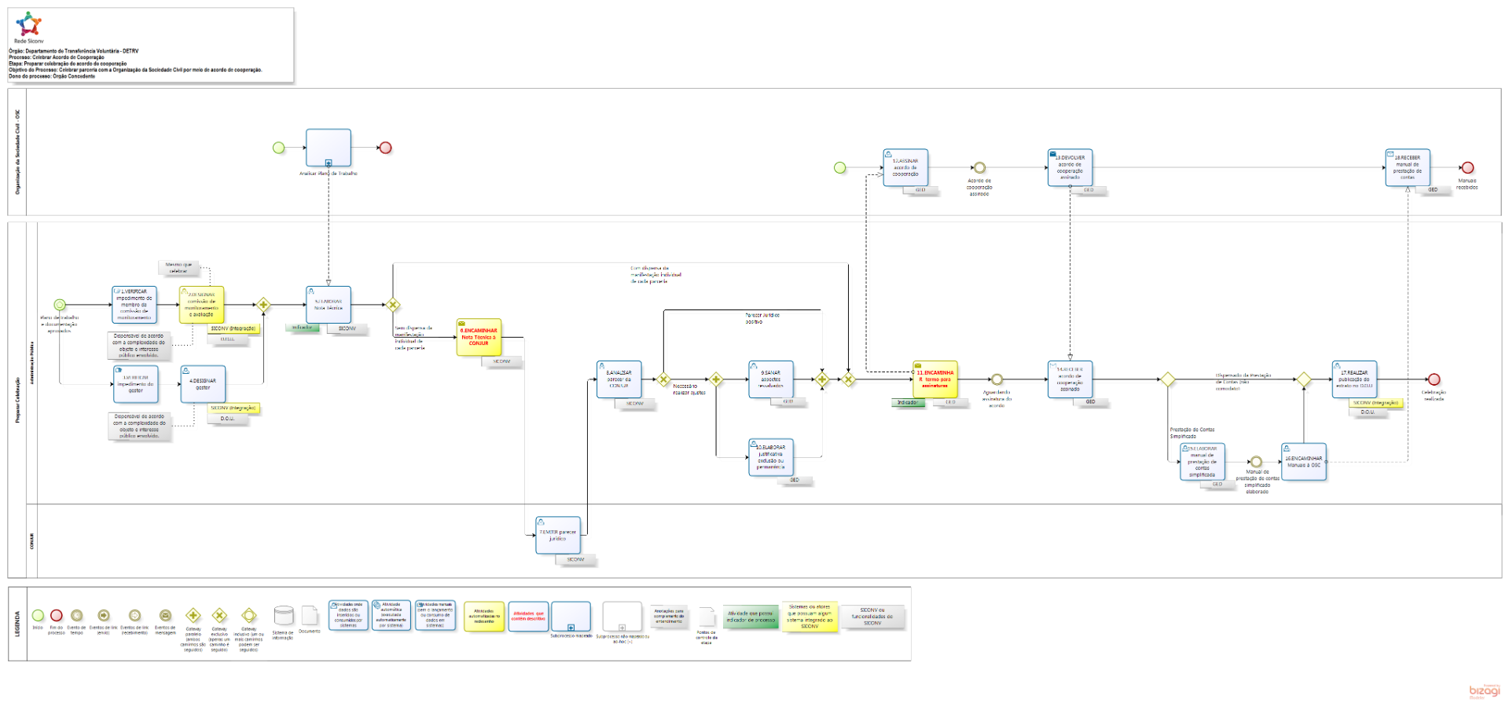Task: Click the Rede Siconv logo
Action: pyautogui.click(x=28, y=25)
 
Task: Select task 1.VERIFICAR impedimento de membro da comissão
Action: pyautogui.click(x=134, y=305)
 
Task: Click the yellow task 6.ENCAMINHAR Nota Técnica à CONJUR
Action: pyautogui.click(x=479, y=337)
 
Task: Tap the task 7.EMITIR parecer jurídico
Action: pyautogui.click(x=558, y=535)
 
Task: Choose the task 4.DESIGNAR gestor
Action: pyautogui.click(x=203, y=384)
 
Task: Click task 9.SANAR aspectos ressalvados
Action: pyautogui.click(x=771, y=379)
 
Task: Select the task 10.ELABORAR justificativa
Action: pyautogui.click(x=771, y=457)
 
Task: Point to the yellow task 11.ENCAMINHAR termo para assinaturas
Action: pyautogui.click(x=935, y=379)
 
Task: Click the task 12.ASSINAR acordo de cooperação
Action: pyautogui.click(x=905, y=167)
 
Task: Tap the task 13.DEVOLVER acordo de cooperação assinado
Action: pyautogui.click(x=1070, y=167)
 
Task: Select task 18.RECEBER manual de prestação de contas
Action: pyautogui.click(x=1408, y=167)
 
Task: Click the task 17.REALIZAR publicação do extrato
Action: pyautogui.click(x=1354, y=379)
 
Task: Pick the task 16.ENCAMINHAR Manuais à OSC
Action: pyautogui.click(x=1304, y=462)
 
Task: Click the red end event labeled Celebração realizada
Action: pyautogui.click(x=1434, y=379)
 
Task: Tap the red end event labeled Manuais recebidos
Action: pyautogui.click(x=1467, y=167)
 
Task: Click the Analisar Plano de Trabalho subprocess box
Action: pyautogui.click(x=329, y=148)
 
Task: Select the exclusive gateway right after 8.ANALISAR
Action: pyautogui.click(x=663, y=379)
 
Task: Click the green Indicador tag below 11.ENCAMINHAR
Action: pyautogui.click(x=908, y=402)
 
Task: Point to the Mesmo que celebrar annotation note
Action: pyautogui.click(x=179, y=268)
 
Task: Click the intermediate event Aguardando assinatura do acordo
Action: pyautogui.click(x=997, y=379)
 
